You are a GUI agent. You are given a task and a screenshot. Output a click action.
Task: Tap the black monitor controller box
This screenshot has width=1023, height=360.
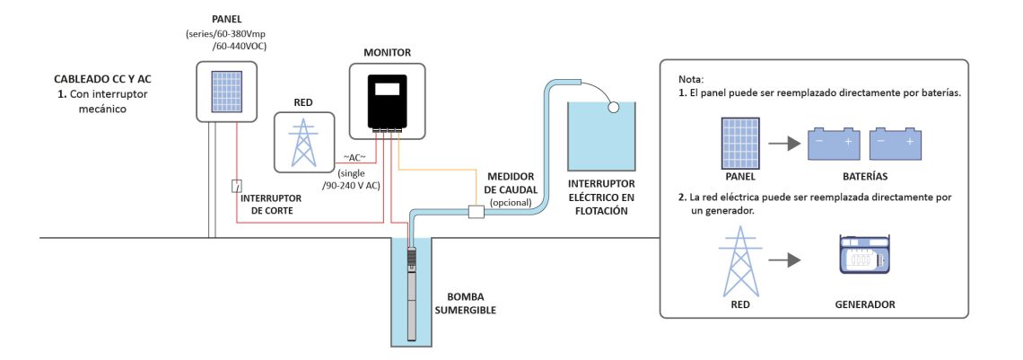[x=387, y=103]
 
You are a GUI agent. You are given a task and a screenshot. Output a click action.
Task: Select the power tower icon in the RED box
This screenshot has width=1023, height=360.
[x=302, y=139]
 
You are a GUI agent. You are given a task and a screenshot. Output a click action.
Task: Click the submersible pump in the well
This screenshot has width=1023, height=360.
[x=410, y=287]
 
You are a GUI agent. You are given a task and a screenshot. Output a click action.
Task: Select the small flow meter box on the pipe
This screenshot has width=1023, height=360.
[x=477, y=213]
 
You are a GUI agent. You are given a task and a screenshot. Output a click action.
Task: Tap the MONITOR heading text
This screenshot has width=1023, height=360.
[x=387, y=53]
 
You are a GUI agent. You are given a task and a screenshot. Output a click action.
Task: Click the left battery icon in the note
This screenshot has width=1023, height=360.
[x=834, y=143]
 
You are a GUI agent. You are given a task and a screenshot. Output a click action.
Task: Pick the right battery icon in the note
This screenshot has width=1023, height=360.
[x=896, y=143]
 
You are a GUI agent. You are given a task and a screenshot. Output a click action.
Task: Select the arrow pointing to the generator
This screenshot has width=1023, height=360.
[x=785, y=260]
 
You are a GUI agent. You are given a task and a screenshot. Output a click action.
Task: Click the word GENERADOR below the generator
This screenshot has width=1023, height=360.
[x=864, y=305]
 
